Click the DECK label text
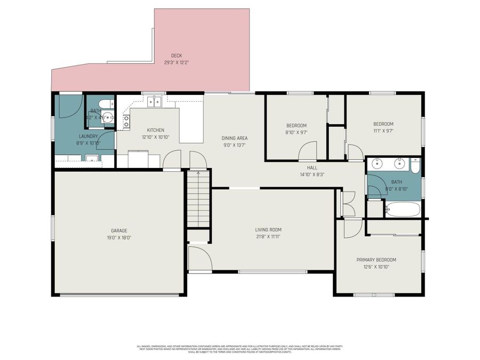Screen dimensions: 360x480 tap(177, 55)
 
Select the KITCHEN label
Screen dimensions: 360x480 tap(156, 130)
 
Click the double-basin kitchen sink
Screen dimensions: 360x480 tap(155, 101)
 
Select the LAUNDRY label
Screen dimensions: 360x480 tap(89, 136)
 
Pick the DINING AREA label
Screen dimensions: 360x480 tap(235, 138)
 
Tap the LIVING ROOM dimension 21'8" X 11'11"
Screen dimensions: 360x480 tap(268, 237)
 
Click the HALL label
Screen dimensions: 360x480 tap(308, 167)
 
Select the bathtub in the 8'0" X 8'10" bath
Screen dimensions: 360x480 tap(403, 209)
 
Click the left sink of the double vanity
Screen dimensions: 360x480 tap(378, 164)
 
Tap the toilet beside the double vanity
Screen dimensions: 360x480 tap(415, 167)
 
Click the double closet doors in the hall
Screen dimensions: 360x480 tap(348, 203)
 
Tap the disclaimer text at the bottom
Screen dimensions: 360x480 tap(240, 349)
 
